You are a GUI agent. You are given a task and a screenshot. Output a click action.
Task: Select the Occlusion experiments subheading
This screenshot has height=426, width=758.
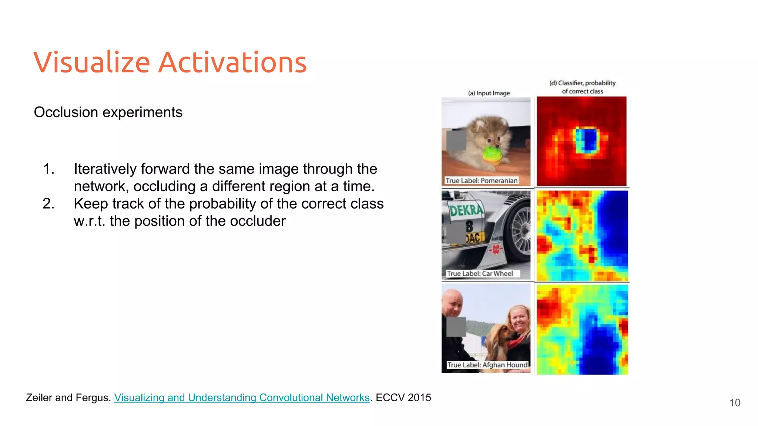pos(108,112)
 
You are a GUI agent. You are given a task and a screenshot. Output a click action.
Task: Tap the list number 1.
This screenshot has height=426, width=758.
pos(48,169)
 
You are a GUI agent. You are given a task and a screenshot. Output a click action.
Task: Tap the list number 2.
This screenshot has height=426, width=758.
pos(48,204)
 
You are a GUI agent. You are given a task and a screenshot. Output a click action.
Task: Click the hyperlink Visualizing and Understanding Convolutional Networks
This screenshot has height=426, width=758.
pos(242,398)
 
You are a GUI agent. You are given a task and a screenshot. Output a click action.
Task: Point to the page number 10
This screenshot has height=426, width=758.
pos(735,403)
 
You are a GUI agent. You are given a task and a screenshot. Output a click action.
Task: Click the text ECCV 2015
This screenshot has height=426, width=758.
pos(403,398)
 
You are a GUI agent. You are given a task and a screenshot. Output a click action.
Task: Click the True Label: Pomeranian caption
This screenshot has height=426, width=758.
pos(481,180)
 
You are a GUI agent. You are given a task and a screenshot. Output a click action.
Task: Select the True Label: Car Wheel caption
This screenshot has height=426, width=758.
pos(480,274)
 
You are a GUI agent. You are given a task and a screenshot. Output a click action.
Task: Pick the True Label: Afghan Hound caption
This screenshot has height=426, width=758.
pos(487,365)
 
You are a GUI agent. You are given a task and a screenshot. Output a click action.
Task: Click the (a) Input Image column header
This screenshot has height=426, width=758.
pos(489,93)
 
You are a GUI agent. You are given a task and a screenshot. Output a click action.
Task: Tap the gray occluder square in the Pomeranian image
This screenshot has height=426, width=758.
pos(456,140)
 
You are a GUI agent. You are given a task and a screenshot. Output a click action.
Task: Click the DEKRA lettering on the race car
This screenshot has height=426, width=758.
pos(466,210)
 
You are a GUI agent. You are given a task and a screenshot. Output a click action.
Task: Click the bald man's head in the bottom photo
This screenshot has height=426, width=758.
pos(452,301)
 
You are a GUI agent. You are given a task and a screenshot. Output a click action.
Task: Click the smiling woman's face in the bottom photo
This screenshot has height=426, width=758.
pos(519,319)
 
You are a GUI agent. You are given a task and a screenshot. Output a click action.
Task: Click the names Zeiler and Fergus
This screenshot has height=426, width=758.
pos(68,398)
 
